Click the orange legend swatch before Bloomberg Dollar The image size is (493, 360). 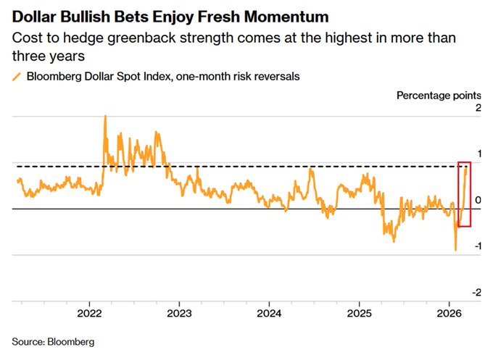pos(16,75)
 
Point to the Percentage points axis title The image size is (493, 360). pos(439,96)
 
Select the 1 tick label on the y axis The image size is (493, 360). pos(476,154)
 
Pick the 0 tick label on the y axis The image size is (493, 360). pos(476,200)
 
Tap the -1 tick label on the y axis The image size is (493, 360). pos(475,246)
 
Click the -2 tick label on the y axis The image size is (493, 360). pos(475,292)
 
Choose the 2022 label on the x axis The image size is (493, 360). pos(89,314)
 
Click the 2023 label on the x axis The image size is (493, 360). pos(179,314)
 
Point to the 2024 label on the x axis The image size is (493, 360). pos(269,314)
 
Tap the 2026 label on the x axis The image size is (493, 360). pos(449,314)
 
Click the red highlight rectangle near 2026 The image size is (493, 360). pos(465,193)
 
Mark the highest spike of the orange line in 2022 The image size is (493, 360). pos(105,116)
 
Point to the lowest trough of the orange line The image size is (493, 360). pos(455,250)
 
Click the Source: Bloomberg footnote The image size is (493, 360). pos(53,340)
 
